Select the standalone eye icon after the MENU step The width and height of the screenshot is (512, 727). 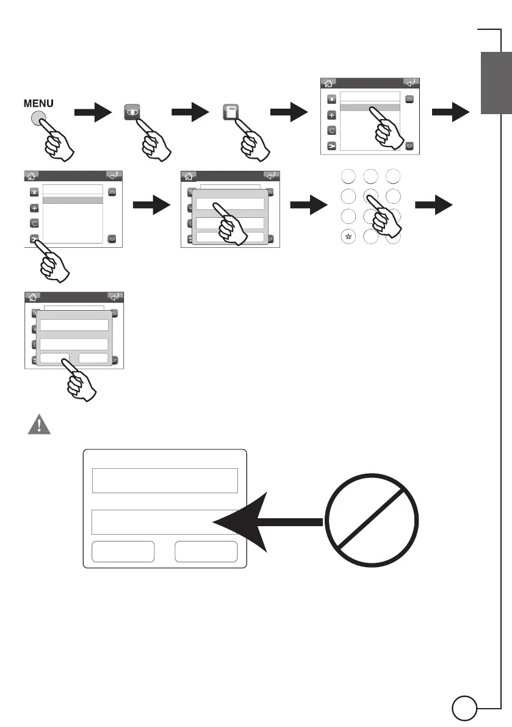tap(132, 114)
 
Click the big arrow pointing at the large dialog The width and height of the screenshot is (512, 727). tap(269, 522)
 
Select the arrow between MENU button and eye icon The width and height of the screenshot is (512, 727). tap(93, 113)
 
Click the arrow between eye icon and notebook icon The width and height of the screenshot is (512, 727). tap(191, 113)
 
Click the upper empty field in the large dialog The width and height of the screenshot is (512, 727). tap(164, 480)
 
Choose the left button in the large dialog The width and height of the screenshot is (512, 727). tap(123, 551)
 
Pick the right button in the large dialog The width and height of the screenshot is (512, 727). tap(206, 551)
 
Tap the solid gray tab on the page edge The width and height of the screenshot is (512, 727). tap(495, 82)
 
